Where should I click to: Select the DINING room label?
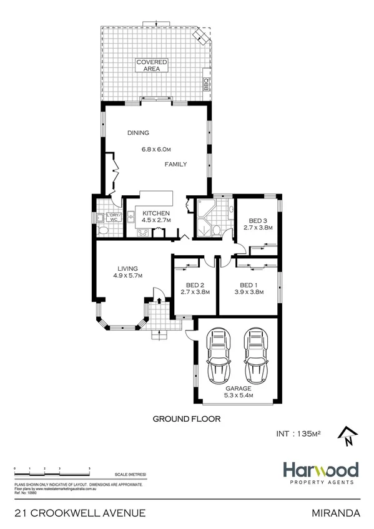click(x=138, y=133)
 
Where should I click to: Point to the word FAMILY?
click(x=176, y=164)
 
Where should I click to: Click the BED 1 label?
click(x=248, y=284)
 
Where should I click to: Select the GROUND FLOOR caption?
click(x=187, y=419)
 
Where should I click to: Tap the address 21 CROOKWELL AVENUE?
click(x=79, y=513)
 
